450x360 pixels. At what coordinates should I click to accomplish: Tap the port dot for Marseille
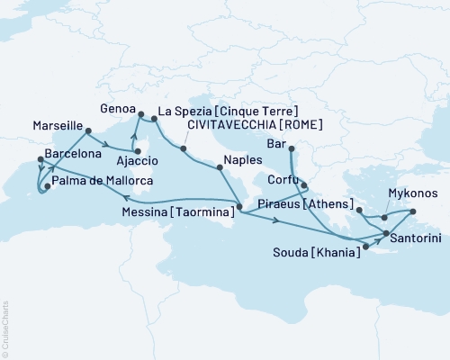88,131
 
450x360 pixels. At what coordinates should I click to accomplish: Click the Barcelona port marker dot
40,160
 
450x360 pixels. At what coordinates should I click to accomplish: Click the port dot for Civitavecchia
184,148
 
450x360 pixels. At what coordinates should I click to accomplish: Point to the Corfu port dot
304,186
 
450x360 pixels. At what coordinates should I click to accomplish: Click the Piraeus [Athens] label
307,204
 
